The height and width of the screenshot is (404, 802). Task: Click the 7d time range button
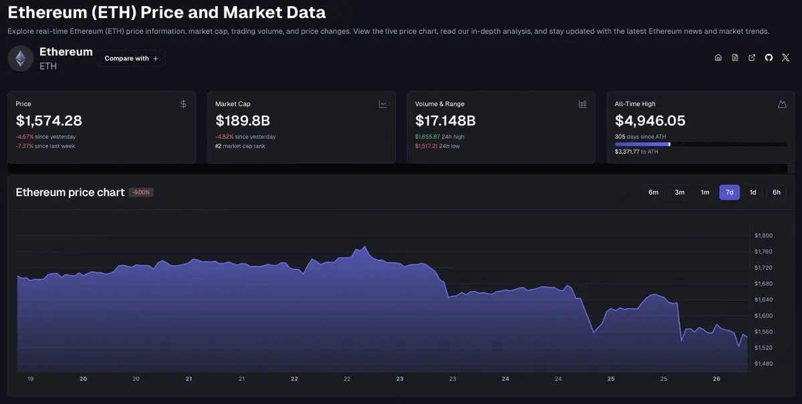(729, 192)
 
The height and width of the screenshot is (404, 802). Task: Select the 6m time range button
(653, 192)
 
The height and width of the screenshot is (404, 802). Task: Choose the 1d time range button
(753, 192)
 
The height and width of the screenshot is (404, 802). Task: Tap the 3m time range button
(680, 192)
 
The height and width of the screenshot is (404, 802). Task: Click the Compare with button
(132, 58)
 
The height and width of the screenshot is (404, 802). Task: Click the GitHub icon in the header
(769, 57)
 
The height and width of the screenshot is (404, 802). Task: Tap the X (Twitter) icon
(785, 57)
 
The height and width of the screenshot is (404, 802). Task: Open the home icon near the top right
(718, 57)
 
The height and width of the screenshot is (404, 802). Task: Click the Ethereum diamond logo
(21, 58)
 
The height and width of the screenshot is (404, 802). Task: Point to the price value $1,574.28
(49, 121)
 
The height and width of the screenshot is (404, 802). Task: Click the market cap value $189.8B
(243, 121)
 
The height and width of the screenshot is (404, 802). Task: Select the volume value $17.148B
(445, 121)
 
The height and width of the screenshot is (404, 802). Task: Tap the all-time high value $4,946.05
(650, 121)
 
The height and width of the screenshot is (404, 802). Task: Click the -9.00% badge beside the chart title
(141, 192)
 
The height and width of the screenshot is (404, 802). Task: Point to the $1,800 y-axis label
(763, 236)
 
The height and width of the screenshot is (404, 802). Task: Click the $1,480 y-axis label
(763, 363)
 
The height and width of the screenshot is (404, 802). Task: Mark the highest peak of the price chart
(365, 246)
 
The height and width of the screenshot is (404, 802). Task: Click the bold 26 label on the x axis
(716, 379)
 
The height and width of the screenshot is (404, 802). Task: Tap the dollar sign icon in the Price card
(183, 104)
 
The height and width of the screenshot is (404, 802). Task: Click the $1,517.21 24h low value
(426, 146)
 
